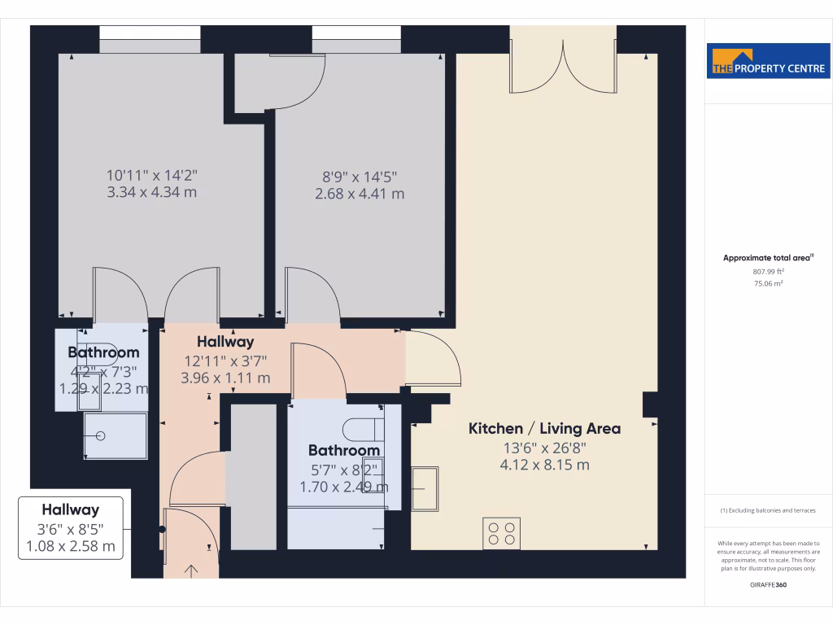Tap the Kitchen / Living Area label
544,428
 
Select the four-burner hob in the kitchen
501,532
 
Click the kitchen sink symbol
425,488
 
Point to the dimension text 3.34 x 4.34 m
151,193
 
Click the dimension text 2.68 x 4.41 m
360,194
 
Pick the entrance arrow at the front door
192,570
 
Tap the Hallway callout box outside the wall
71,527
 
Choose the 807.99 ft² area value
768,271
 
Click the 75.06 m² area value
768,283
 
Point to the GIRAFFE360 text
768,584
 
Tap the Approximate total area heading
768,258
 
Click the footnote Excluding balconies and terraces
768,510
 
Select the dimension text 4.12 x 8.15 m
544,465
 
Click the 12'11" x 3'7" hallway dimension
225,361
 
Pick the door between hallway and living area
434,359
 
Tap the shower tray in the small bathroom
116,435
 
